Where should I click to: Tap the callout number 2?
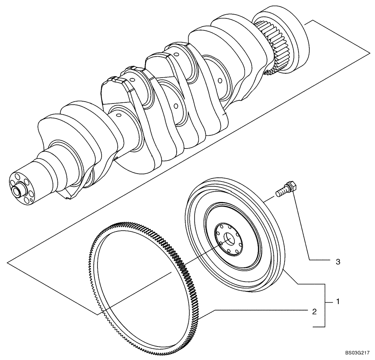[x=314, y=311]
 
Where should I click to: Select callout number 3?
[x=337, y=262]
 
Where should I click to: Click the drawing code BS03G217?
[x=358, y=353]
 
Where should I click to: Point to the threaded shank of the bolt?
[x=281, y=192]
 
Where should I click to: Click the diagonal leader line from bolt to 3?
[x=302, y=225]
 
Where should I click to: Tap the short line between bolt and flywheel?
[x=270, y=198]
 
